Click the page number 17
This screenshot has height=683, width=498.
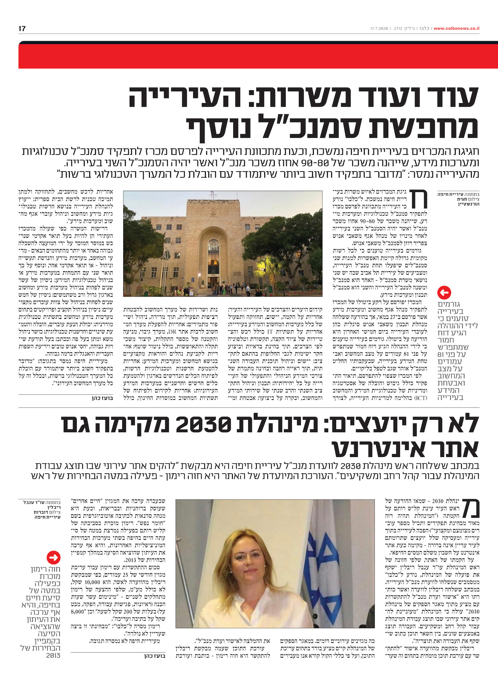(x=22, y=29)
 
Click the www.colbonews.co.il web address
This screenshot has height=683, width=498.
(x=456, y=29)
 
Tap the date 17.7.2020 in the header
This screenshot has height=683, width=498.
(x=379, y=29)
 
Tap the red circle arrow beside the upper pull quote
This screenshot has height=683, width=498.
(x=444, y=292)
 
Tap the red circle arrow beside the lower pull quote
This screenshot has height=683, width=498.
(x=54, y=557)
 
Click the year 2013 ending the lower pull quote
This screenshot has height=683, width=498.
(x=53, y=655)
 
